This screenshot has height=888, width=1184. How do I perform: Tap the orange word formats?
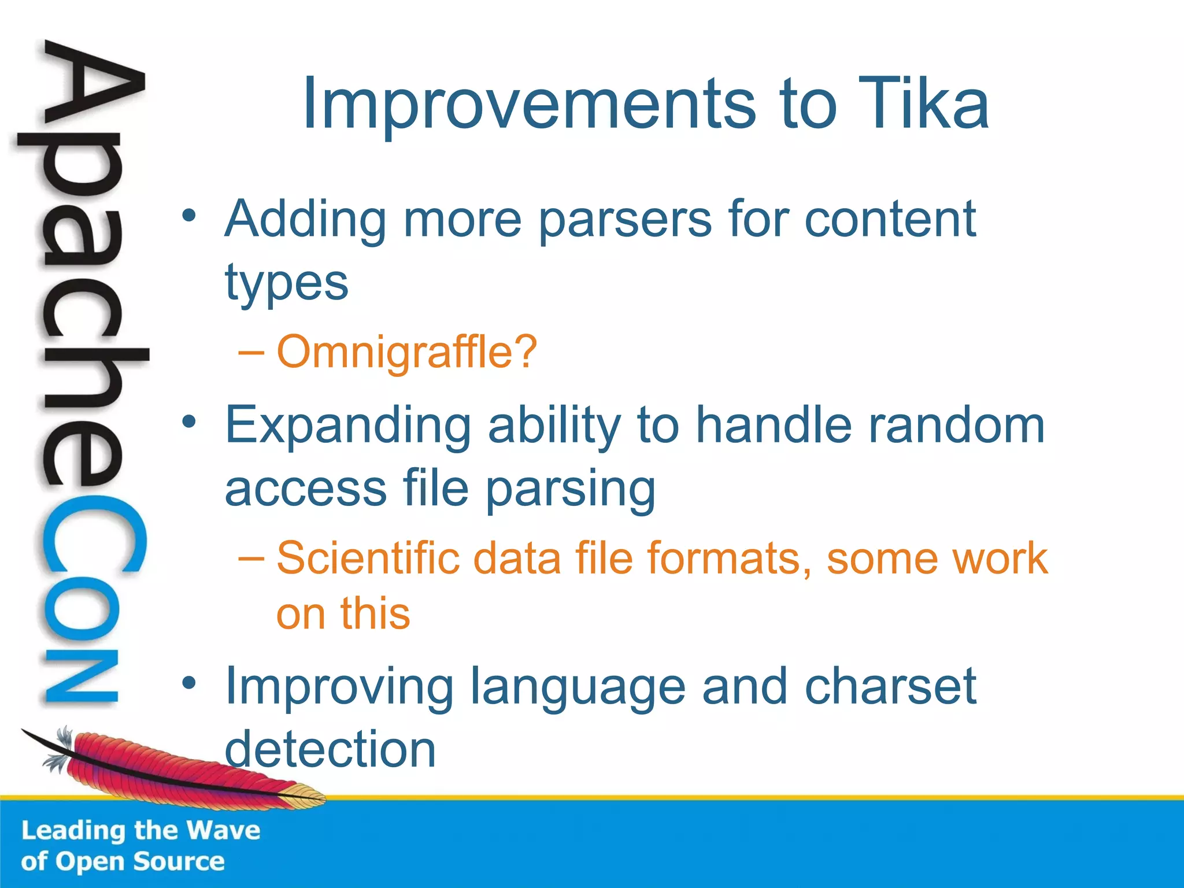pos(729,558)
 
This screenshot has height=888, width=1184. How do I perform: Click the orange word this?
pos(375,613)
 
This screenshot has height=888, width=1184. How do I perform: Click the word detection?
pos(330,749)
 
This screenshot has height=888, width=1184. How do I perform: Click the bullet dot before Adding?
pos(189,216)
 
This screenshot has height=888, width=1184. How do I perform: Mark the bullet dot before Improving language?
pos(189,684)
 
